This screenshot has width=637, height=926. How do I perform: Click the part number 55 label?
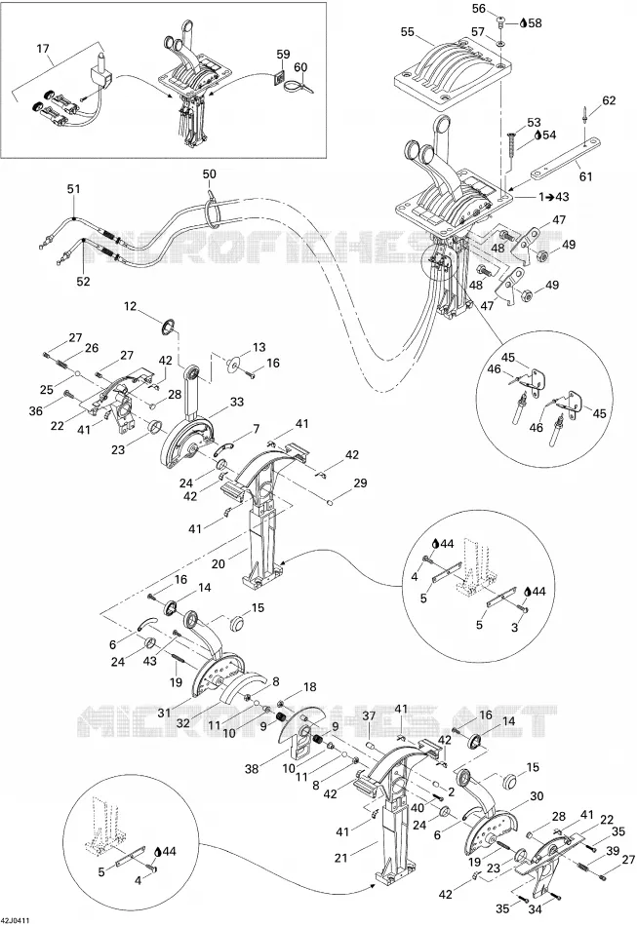pyautogui.click(x=408, y=32)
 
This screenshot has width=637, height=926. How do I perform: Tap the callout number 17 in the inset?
pyautogui.click(x=43, y=49)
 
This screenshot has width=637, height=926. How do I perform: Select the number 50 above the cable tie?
pyautogui.click(x=209, y=174)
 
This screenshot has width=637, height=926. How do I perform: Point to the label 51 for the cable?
pyautogui.click(x=73, y=189)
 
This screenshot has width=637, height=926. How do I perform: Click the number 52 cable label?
pyautogui.click(x=83, y=281)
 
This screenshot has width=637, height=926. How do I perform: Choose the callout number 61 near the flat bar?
pyautogui.click(x=585, y=176)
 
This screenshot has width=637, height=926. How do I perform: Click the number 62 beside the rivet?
pyautogui.click(x=609, y=100)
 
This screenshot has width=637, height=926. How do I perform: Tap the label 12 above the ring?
pyautogui.click(x=130, y=306)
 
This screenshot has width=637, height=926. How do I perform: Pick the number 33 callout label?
pyautogui.click(x=236, y=403)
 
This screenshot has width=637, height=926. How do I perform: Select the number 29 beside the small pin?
pyautogui.click(x=360, y=483)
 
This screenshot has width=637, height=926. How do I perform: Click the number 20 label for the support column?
pyautogui.click(x=219, y=564)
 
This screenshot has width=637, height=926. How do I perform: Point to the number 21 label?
pyautogui.click(x=341, y=858)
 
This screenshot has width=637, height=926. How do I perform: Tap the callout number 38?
pyautogui.click(x=252, y=769)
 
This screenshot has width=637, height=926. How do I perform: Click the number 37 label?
pyautogui.click(x=369, y=715)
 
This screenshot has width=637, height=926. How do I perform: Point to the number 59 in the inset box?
pyautogui.click(x=283, y=55)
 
